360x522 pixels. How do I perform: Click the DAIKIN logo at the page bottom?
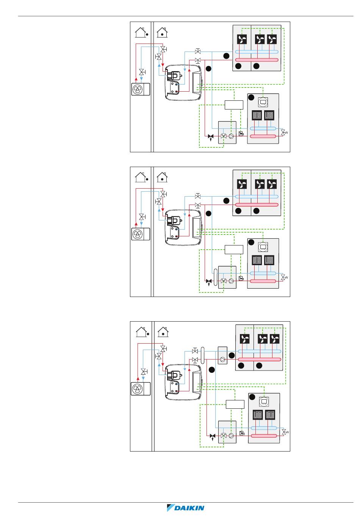[x=186, y=508]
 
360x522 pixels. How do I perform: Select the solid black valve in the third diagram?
[x=213, y=436]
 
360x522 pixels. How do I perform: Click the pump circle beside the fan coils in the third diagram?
[x=222, y=359]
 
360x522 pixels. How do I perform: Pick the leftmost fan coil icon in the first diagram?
[x=242, y=39]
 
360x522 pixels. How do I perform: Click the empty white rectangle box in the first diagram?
[x=233, y=105]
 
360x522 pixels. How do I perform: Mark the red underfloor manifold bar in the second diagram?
[x=263, y=281]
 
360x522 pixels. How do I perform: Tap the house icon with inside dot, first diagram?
[x=162, y=32]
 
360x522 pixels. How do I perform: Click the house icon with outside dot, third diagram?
[x=142, y=332]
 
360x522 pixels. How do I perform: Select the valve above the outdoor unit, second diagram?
[x=141, y=217]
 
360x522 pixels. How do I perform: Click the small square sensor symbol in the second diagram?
[x=241, y=278]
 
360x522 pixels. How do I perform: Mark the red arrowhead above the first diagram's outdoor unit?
[x=136, y=79]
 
